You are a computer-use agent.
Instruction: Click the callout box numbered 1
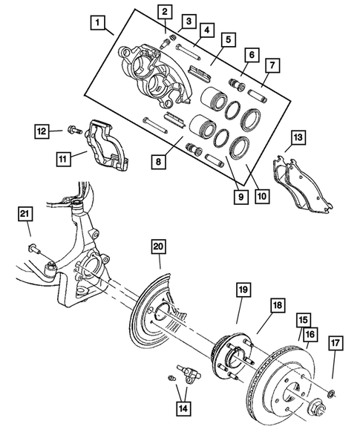[x=96, y=23]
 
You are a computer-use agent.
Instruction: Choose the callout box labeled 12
[x=43, y=132]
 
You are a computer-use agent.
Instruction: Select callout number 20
[x=158, y=246]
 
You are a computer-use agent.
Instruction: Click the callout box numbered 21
[x=24, y=215]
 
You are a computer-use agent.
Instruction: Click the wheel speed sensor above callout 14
[x=188, y=371]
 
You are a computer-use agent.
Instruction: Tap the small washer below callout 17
[x=332, y=391]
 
